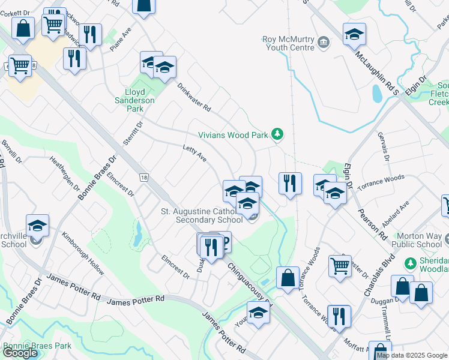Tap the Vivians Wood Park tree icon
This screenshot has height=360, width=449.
click(x=277, y=134)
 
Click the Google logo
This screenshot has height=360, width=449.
click(x=20, y=353)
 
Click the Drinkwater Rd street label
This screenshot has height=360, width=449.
click(x=194, y=97)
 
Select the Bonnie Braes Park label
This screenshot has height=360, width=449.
click(x=37, y=346)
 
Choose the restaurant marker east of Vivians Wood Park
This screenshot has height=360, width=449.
click(x=291, y=182)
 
